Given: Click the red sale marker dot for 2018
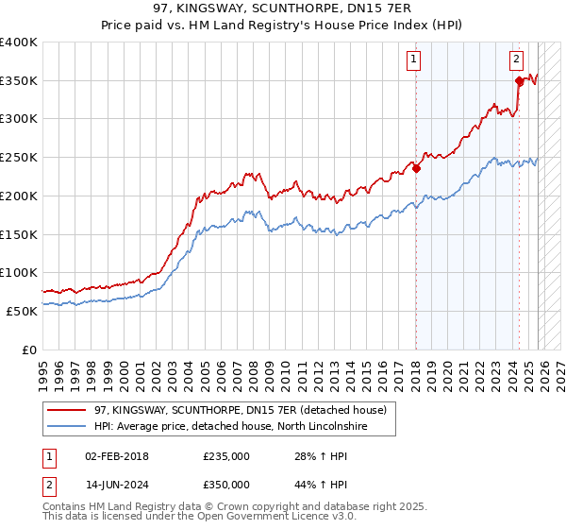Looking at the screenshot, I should [416, 169].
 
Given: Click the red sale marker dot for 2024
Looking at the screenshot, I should [519, 81].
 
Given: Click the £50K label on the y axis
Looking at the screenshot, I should [22, 311].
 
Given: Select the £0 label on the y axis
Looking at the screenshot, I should [29, 350].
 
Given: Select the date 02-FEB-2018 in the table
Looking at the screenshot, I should [123, 456].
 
